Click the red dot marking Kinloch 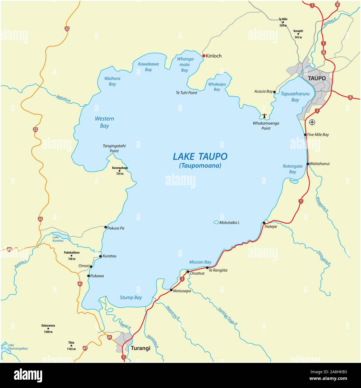(204, 56)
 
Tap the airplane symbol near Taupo (312, 122)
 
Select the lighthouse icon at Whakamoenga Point (264, 116)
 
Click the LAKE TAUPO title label (200, 156)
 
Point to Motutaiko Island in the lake (216, 222)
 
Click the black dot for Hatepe (264, 223)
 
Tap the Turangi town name (140, 348)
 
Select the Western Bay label (104, 122)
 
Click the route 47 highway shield (85, 348)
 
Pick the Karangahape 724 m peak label (120, 171)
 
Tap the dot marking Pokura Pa (105, 227)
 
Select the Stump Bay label (131, 298)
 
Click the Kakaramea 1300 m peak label (48, 329)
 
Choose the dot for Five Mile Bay (305, 135)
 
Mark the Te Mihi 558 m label (283, 22)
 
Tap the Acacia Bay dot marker (274, 92)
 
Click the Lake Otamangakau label (17, 347)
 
